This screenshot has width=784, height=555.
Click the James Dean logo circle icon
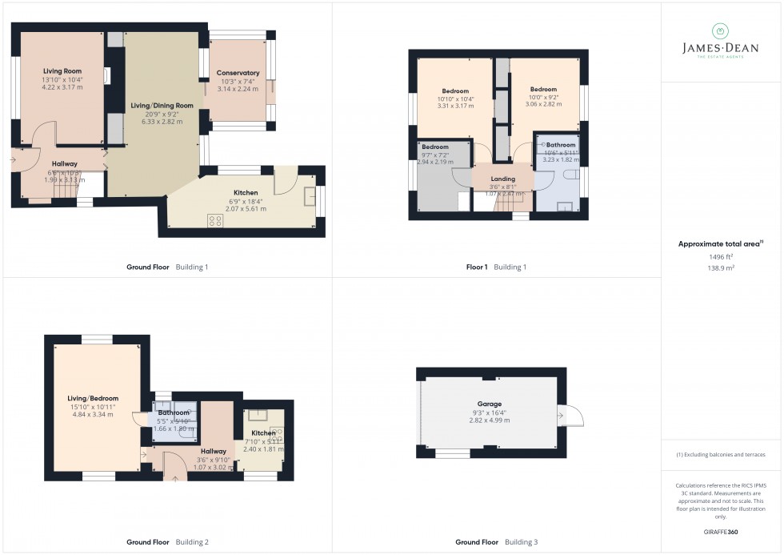(x=721, y=31)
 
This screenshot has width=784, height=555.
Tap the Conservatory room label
(x=238, y=73)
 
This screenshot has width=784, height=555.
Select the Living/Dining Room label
(x=162, y=106)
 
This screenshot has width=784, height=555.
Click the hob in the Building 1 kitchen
(x=215, y=221)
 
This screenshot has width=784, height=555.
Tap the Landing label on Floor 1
(x=503, y=179)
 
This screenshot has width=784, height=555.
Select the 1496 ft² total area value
(x=721, y=256)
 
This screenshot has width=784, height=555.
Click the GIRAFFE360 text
(x=721, y=532)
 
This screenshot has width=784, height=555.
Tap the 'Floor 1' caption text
(x=477, y=267)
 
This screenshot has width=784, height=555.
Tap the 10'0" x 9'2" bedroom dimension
(x=543, y=97)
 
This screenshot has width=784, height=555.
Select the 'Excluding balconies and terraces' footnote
(x=721, y=454)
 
